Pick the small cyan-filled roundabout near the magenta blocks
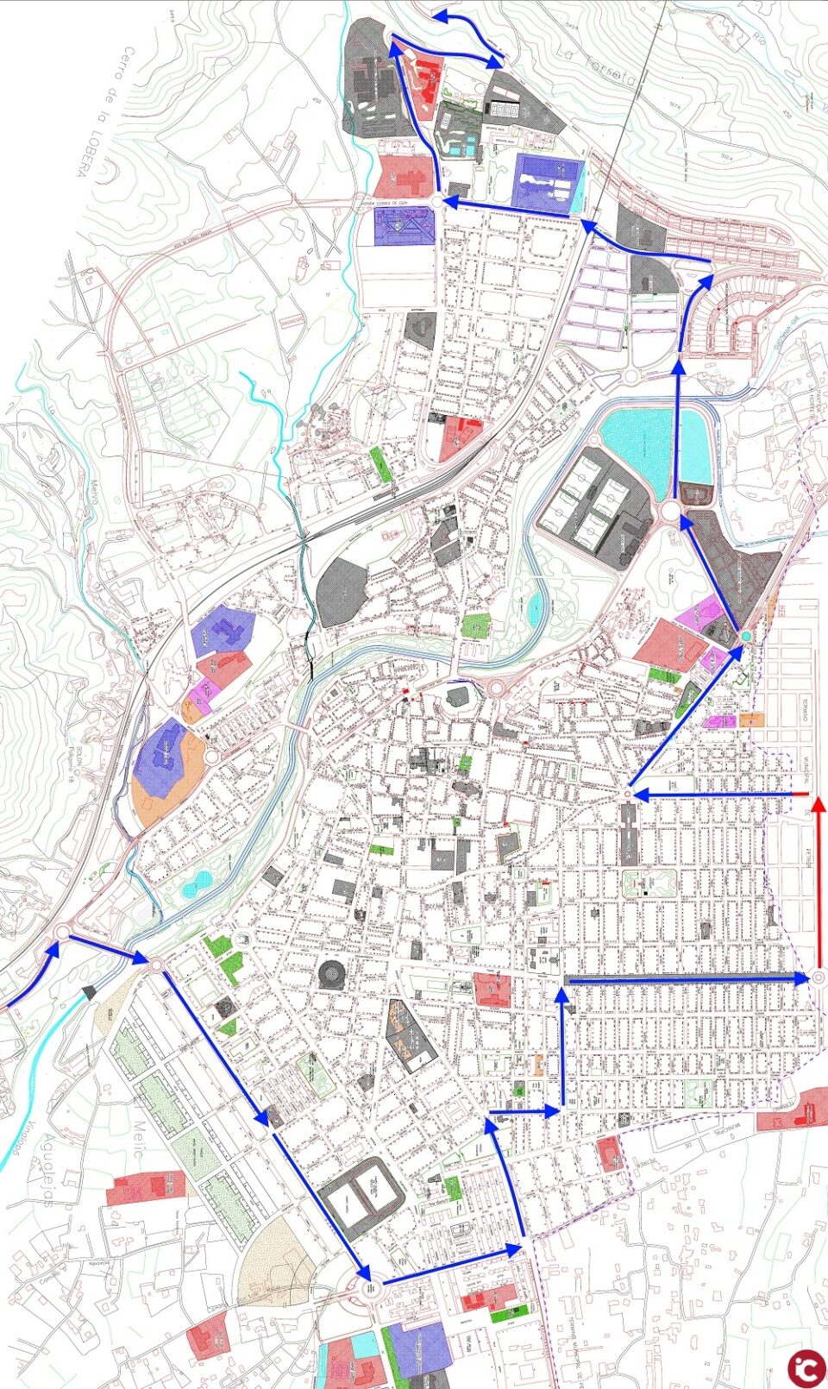(745, 636)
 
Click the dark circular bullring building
(330, 974)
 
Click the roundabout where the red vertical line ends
(819, 977)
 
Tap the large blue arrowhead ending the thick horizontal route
(801, 977)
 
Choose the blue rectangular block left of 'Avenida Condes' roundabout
(403, 226)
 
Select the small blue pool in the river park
(198, 882)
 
